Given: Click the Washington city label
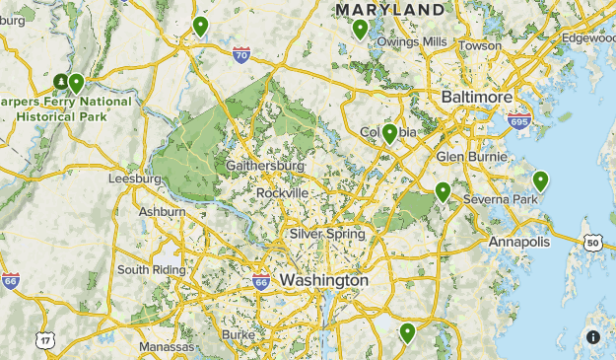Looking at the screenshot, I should point(323,281).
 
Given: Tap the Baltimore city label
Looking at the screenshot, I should point(477,99).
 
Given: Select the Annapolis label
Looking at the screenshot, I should point(518,243).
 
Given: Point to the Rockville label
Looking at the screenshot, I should point(282,192).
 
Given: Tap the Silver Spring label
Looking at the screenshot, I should point(326,235).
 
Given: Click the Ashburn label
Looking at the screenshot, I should point(162,212).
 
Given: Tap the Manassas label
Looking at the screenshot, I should point(167,347).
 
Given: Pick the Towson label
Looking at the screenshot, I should point(480,45).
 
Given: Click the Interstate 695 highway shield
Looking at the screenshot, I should point(518,122).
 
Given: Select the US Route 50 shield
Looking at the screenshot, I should point(592,243).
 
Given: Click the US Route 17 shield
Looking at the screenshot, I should point(45,340).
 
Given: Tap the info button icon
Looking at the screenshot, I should point(593,336).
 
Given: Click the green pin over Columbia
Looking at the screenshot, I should point(390,133).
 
